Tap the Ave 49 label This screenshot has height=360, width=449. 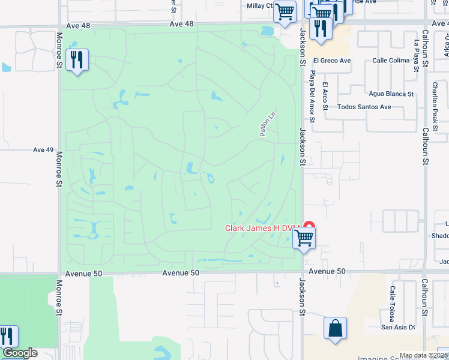[44, 149]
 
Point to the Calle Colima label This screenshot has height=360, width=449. [391, 60]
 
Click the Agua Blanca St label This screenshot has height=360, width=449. [391, 94]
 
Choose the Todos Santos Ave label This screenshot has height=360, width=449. [364, 107]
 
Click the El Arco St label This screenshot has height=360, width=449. [325, 96]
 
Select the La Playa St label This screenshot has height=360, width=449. [417, 56]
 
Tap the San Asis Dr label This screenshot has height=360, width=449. [399, 327]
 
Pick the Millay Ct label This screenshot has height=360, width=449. [260, 6]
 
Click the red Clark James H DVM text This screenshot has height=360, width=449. [262, 228]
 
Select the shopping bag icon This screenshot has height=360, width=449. [335, 328]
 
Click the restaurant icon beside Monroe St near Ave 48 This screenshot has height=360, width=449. [77, 59]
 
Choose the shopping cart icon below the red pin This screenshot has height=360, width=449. [304, 238]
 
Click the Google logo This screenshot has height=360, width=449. [20, 353]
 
